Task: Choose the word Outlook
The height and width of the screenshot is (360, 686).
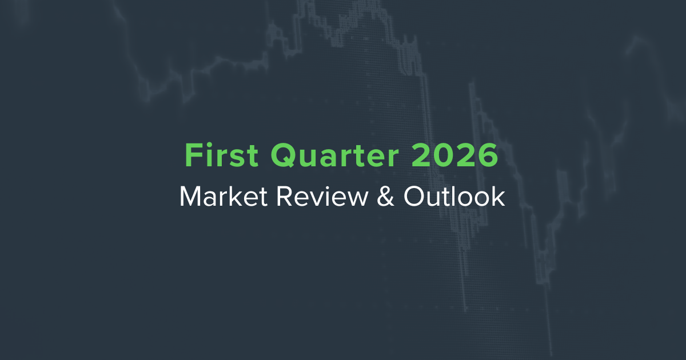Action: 453,197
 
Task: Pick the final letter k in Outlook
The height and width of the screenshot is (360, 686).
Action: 499,197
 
